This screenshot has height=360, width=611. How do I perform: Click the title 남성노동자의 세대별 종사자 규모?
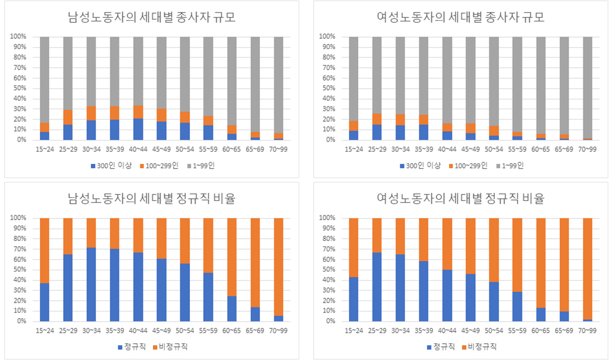152,17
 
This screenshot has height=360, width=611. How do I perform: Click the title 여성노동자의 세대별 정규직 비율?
460,199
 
